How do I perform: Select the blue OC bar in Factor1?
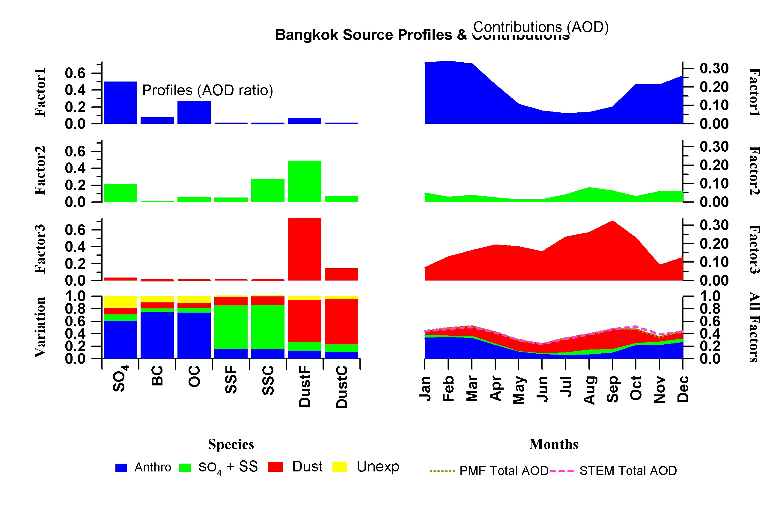point(194,112)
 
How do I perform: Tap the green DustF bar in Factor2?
point(304,181)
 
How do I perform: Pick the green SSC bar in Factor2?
point(267,190)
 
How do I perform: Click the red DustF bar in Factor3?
point(304,249)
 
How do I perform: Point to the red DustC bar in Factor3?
point(341,274)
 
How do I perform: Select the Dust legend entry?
point(295,467)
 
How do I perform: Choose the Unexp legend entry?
point(366,467)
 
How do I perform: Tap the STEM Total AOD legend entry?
point(613,471)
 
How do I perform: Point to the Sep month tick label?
point(612,389)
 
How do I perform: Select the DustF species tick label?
point(304,386)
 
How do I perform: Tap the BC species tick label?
point(157,376)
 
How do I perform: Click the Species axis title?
point(231,444)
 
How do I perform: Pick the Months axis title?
point(554,444)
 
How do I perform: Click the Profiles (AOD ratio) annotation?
point(207,90)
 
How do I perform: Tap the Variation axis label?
point(40,327)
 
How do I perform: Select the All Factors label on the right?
point(755,327)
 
